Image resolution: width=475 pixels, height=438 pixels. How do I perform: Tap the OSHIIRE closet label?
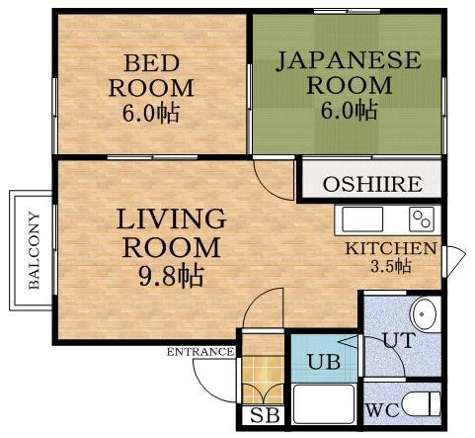tap(372, 184)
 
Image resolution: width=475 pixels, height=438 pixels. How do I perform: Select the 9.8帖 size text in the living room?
tap(171, 275)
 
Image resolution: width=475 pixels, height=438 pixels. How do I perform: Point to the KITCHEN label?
tap(390, 248)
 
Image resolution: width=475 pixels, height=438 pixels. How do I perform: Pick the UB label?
tap(323, 362)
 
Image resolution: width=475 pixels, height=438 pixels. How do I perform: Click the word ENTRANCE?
tap(199, 352)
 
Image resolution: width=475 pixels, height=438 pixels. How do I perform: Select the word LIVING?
tap(171, 218)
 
